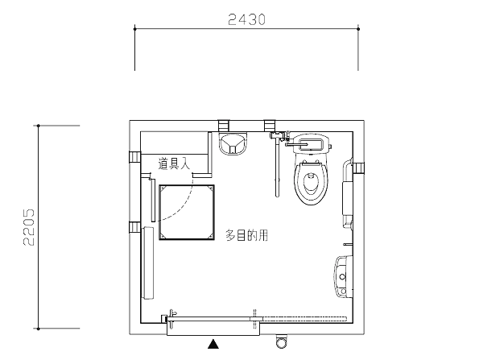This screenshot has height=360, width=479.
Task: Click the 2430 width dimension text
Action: pos(247,19)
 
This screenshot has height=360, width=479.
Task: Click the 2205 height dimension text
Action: pos(29,227)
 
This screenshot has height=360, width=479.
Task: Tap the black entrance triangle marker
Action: pos(213,344)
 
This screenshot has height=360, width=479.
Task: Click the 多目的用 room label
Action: pos(247,235)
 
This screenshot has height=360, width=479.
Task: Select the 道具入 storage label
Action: pos(174,163)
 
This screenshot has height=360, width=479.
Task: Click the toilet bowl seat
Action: pos(311,183)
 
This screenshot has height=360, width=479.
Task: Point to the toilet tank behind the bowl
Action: pos(311,143)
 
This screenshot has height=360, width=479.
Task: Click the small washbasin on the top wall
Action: pos(233,143)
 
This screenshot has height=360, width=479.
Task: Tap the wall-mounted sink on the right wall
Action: pos(344,276)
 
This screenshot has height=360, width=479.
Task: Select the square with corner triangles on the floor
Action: pos(187,213)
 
